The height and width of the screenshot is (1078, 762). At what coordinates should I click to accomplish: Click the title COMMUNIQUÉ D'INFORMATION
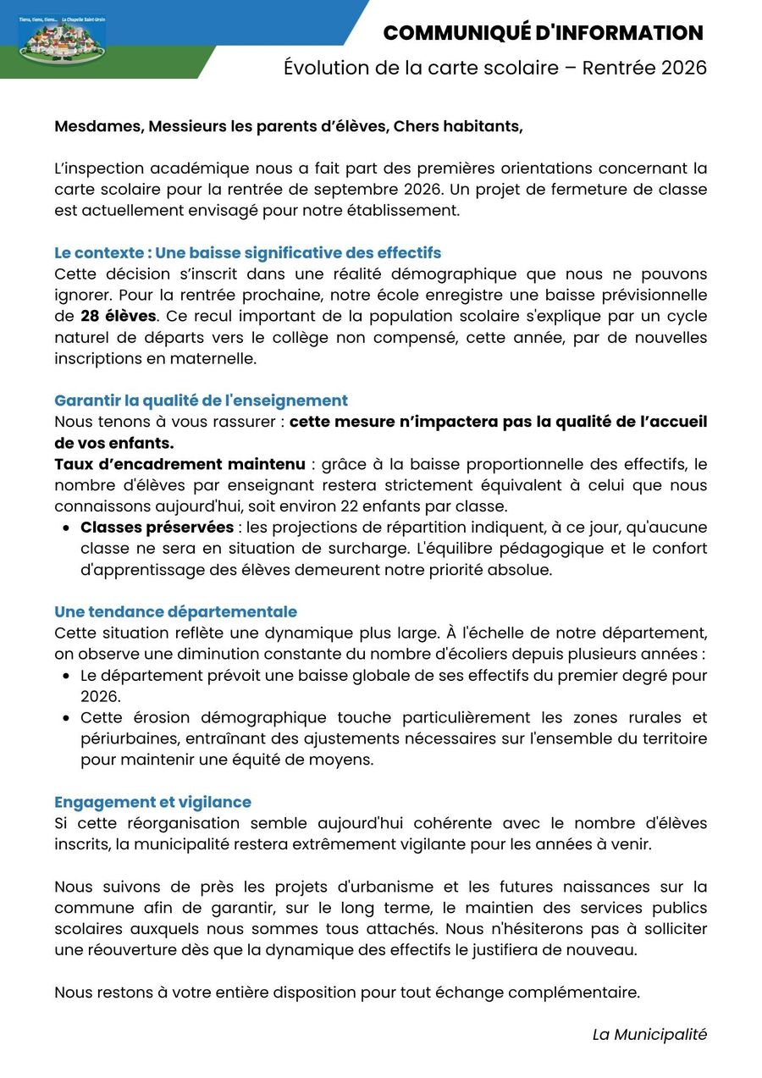pyautogui.click(x=543, y=33)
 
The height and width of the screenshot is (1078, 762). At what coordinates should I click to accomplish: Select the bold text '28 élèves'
pyautogui.click(x=118, y=317)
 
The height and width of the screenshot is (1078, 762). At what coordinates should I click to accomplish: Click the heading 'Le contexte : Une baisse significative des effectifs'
pyautogui.click(x=247, y=253)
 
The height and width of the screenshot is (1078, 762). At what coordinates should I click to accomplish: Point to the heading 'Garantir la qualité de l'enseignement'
pyautogui.click(x=201, y=401)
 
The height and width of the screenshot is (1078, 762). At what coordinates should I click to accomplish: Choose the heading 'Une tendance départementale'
pyautogui.click(x=175, y=611)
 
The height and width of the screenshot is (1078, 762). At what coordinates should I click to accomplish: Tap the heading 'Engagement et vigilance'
pyautogui.click(x=152, y=802)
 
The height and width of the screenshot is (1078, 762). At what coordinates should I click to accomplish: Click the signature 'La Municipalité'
pyautogui.click(x=649, y=1034)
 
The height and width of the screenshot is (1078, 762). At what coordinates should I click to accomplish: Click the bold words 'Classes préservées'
pyautogui.click(x=157, y=528)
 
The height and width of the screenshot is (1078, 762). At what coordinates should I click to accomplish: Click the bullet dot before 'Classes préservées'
pyautogui.click(x=66, y=528)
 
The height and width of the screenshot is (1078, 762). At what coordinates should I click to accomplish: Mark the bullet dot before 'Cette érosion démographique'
pyautogui.click(x=66, y=718)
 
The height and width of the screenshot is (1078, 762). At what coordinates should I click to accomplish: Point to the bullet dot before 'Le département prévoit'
pyautogui.click(x=66, y=676)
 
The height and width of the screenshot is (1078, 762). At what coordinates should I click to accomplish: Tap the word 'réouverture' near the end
pyautogui.click(x=114, y=949)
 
